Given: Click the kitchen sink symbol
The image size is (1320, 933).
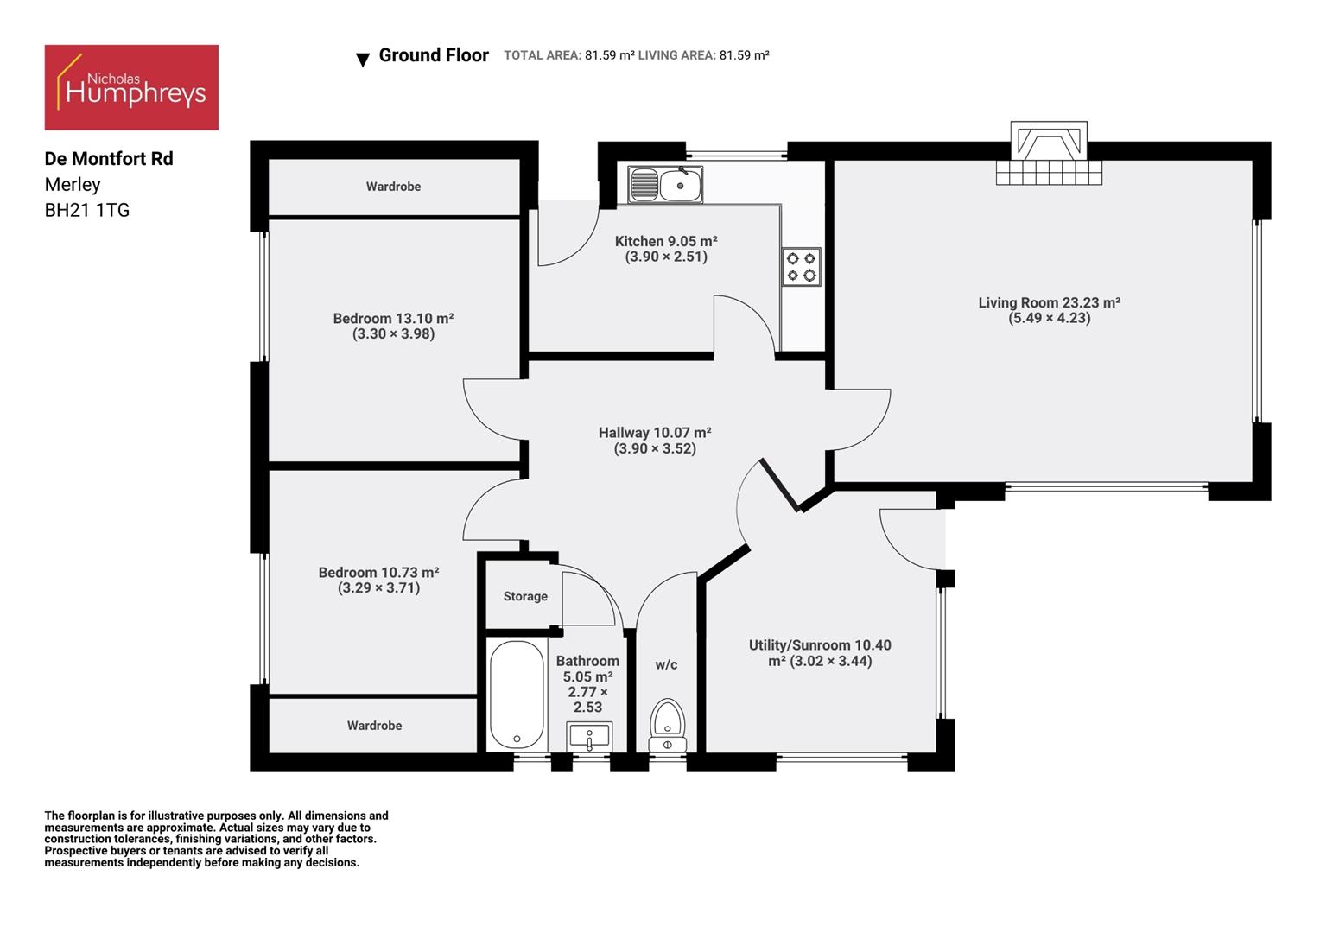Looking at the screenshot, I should point(665,185).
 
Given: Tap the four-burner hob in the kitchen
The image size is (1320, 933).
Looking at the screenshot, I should point(801,267).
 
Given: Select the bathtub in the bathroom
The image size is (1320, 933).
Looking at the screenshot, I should point(517,695).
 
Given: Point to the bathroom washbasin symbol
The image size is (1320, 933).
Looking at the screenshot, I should point(589,738).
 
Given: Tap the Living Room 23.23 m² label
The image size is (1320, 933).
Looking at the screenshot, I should point(1049,302).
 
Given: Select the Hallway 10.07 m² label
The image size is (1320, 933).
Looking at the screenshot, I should point(655,433).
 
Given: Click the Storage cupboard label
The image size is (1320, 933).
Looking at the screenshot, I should point(525,596).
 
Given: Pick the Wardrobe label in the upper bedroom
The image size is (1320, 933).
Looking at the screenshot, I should point(393,187).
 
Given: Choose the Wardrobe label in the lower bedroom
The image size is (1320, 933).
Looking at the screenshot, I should point(374,726).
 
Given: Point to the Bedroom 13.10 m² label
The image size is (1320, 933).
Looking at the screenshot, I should point(393,319).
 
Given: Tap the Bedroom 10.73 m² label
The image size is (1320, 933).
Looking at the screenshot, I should point(378,573).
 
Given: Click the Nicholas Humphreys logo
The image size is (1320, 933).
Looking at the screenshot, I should point(131,88).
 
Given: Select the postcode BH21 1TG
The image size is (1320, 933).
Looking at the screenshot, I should point(87,210).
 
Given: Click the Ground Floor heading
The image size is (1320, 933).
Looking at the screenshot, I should point(434,55).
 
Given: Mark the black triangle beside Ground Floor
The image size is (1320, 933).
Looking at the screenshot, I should point(363,60).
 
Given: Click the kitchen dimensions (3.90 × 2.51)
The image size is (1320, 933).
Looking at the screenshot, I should point(666,257).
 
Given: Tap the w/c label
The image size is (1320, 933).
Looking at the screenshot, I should point(666,664).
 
